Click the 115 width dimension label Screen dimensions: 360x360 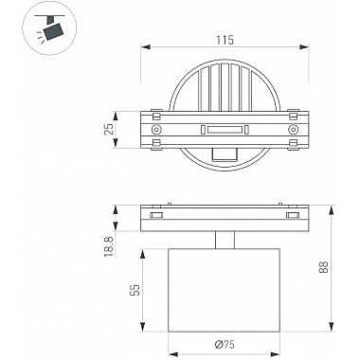225,41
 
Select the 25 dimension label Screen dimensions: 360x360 109,129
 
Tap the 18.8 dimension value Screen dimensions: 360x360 109,246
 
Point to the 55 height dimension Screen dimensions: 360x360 135,290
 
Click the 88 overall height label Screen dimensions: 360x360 325,267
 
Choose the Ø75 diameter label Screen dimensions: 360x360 224,344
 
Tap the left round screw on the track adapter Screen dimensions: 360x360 156,130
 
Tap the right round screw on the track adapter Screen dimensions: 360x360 294,130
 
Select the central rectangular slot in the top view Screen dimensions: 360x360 225,130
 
